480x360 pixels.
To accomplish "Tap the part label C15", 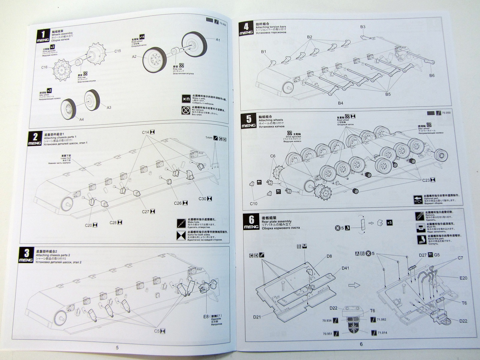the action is [117, 51].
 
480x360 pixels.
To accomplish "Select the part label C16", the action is [44, 67].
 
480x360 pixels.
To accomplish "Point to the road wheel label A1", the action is [218, 40].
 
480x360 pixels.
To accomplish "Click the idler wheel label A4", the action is [81, 119].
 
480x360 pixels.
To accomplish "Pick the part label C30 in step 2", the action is [202, 199].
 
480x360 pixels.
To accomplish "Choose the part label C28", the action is [113, 222].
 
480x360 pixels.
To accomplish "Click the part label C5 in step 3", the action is [157, 331].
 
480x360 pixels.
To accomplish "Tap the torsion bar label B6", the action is [432, 75].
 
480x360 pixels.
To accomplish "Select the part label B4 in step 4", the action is [340, 103].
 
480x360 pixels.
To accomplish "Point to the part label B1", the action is [263, 52].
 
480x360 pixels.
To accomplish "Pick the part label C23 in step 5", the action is [426, 180].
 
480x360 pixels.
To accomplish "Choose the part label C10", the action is [253, 204].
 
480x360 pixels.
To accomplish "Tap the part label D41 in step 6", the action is [345, 268].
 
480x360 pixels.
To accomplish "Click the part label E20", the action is [463, 278].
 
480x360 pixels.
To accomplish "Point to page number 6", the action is [361, 344].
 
